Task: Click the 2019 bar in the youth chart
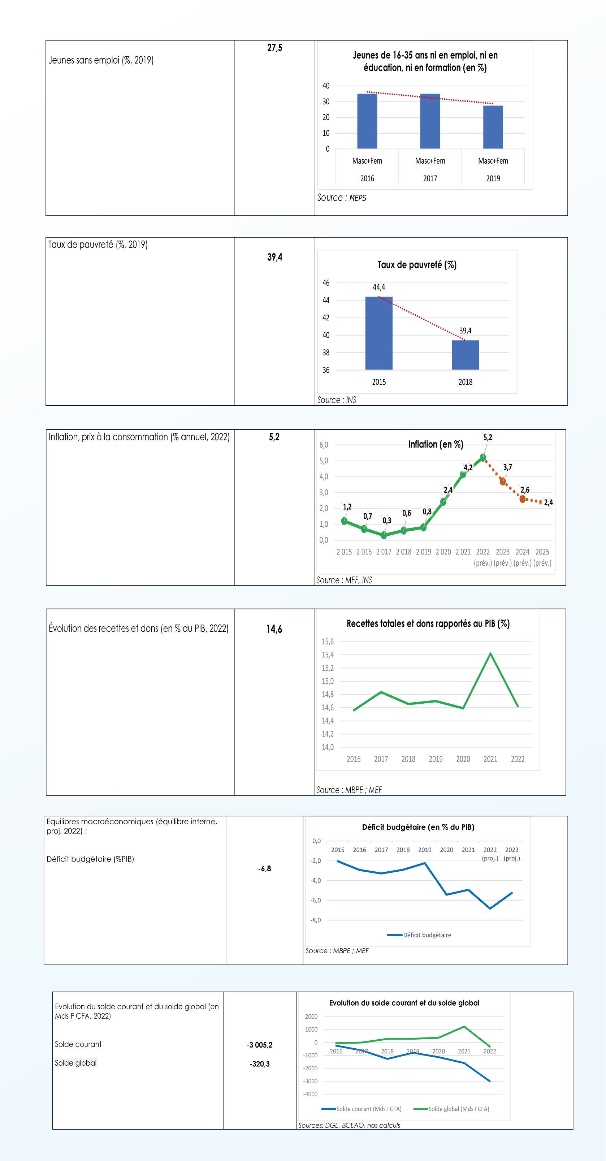pos(493,127)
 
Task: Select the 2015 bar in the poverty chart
pos(378,333)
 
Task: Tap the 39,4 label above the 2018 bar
pos(466,331)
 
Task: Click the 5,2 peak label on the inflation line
pos(488,437)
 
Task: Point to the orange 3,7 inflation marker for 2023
pos(503,482)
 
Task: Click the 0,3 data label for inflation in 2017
pos(386,521)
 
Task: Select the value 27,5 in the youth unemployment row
pos(274,48)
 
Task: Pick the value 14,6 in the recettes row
pos(274,629)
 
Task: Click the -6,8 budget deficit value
pos(264,868)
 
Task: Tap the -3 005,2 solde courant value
pos(260,1045)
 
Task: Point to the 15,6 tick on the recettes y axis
pos(328,641)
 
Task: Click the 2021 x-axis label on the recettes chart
pos(490,759)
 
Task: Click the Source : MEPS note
pos(342,198)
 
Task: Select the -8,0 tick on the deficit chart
pos(315,920)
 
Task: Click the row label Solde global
pos(76,1063)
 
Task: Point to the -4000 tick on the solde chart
pos(311,1094)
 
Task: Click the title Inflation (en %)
pos(436,444)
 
